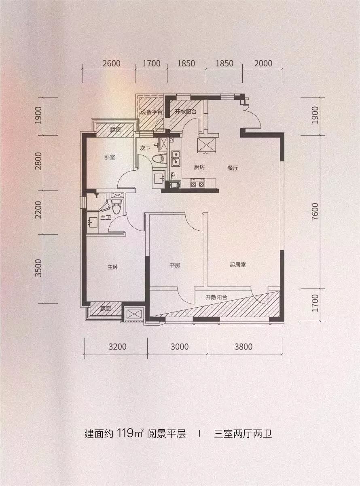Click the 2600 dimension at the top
111,64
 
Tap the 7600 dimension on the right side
315,212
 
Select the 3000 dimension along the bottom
180,347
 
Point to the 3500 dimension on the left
38,268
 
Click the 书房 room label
175,265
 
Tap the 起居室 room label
238,265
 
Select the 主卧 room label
113,267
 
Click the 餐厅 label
233,168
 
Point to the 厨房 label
199,167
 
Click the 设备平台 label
151,112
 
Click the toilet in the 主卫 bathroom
116,206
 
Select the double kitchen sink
176,158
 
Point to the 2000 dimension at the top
263,64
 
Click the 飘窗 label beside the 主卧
106,309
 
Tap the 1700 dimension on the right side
315,303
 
